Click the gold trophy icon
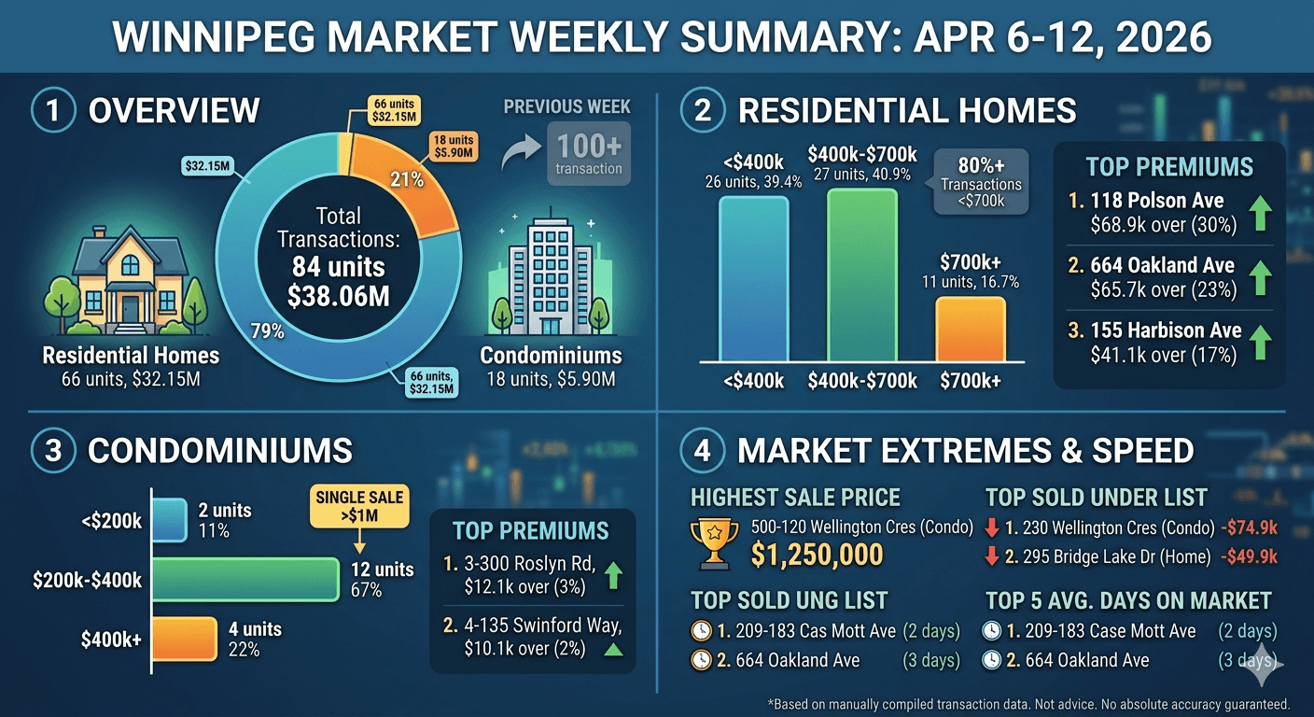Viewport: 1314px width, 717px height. (714, 541)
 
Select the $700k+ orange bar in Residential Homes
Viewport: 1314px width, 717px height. (971, 329)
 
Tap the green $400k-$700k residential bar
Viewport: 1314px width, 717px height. (862, 274)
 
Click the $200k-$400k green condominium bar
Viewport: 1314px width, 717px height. (245, 579)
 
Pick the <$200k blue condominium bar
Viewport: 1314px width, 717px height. (169, 519)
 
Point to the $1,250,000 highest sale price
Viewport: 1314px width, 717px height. (817, 555)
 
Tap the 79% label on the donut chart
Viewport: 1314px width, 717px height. (268, 331)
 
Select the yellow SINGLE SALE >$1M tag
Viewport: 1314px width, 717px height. (359, 505)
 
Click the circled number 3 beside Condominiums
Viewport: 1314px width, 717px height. (53, 451)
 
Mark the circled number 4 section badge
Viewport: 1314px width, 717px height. (703, 451)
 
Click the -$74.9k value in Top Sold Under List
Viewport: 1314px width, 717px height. (1249, 527)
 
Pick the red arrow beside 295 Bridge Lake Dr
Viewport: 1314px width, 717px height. (992, 556)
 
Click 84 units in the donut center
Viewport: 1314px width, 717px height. (338, 267)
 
